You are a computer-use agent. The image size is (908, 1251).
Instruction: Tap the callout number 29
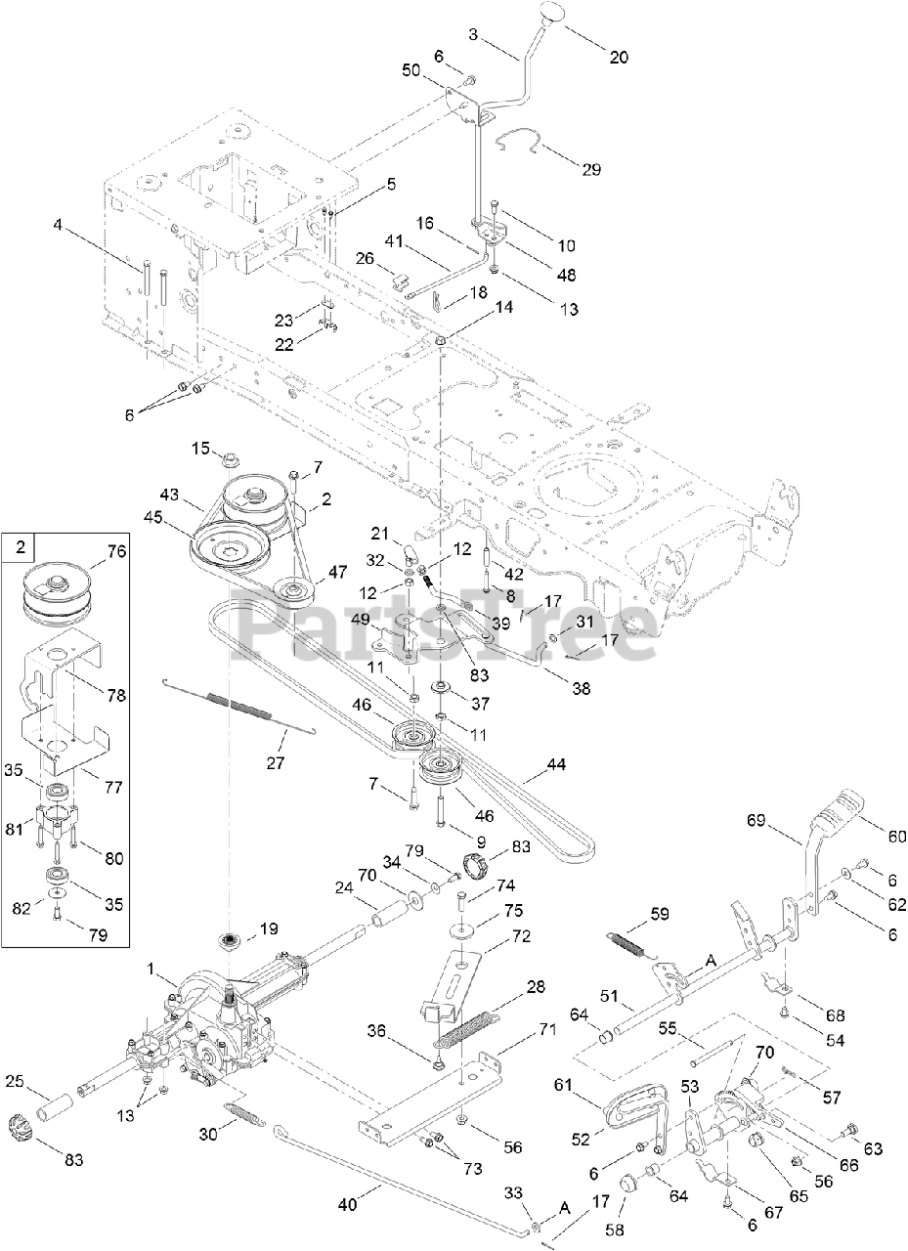pos(591,169)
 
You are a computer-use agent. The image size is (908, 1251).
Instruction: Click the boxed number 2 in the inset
pos(20,548)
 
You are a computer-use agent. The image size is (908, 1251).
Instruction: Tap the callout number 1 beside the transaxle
pos(149,968)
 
